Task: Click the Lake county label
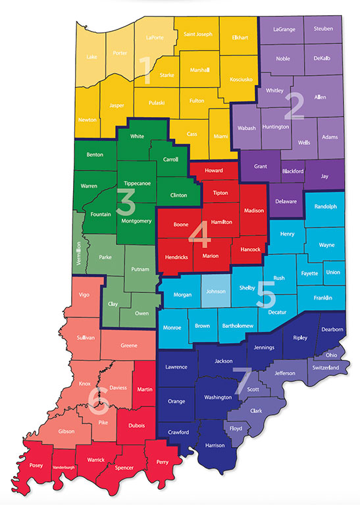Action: tap(91, 57)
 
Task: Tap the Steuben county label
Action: tap(323, 29)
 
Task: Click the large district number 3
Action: tap(125, 204)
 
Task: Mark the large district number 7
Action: tap(241, 379)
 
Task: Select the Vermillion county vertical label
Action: tap(78, 253)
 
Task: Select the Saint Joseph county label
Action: tap(197, 34)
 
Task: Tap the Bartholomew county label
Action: tap(240, 326)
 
